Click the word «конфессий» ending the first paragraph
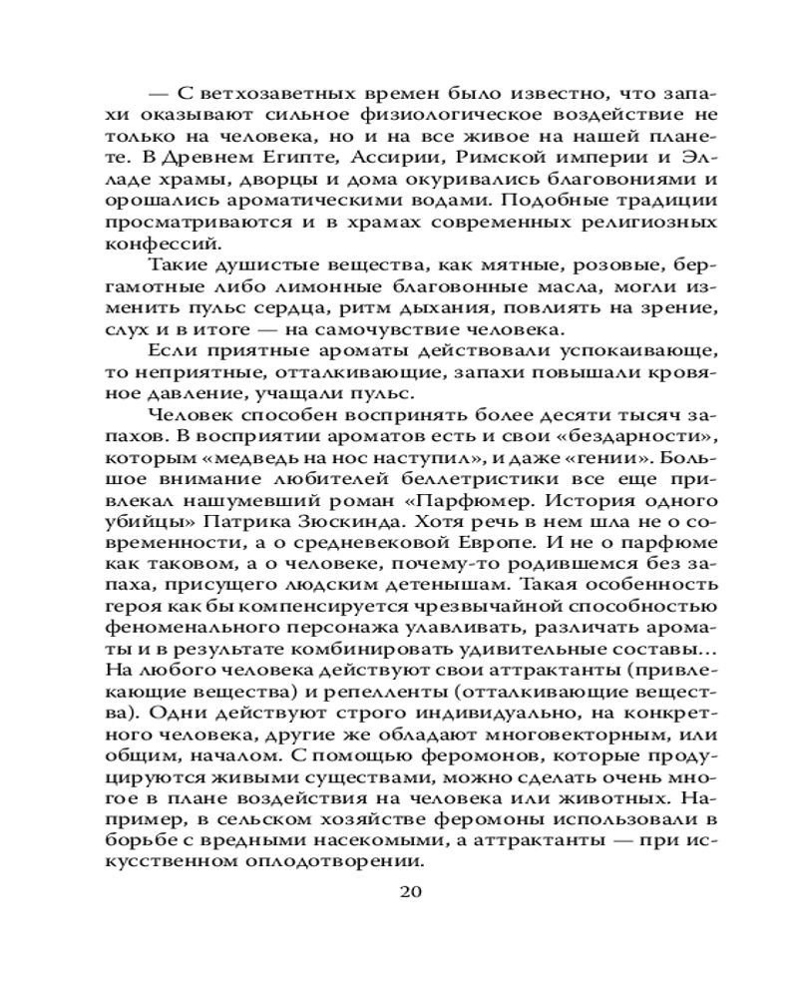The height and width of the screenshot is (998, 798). (162, 243)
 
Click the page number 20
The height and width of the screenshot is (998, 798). (411, 891)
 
